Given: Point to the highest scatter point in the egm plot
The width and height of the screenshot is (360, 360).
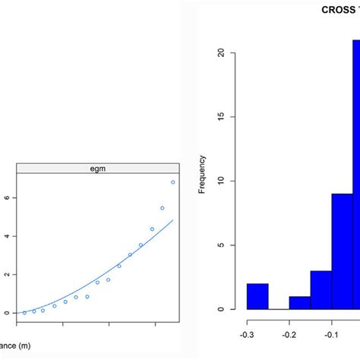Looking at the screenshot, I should pyautogui.click(x=173, y=182).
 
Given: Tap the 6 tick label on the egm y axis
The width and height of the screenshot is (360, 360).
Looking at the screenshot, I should pyautogui.click(x=6, y=197).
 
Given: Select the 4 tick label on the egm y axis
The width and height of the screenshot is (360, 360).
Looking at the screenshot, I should pyautogui.click(x=6, y=236).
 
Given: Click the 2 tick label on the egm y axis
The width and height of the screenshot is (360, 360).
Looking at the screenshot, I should pyautogui.click(x=6, y=274).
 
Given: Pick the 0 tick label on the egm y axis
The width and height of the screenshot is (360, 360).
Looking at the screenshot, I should pyautogui.click(x=6, y=313).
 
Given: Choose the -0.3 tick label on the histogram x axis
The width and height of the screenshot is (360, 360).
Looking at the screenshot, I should pyautogui.click(x=247, y=333).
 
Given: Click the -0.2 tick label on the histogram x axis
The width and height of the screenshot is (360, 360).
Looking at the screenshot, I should pyautogui.click(x=289, y=333).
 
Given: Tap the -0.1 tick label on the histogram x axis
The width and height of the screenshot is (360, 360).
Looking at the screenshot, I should pyautogui.click(x=331, y=333).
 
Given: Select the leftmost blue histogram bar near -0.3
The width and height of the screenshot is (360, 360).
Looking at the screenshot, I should pyautogui.click(x=257, y=296).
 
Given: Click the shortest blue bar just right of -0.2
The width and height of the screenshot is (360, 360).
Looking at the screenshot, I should pyautogui.click(x=300, y=302).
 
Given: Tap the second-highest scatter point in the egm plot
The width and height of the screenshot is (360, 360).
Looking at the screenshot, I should pyautogui.click(x=162, y=208).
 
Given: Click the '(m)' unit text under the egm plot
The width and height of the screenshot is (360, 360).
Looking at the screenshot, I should pyautogui.click(x=26, y=346).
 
